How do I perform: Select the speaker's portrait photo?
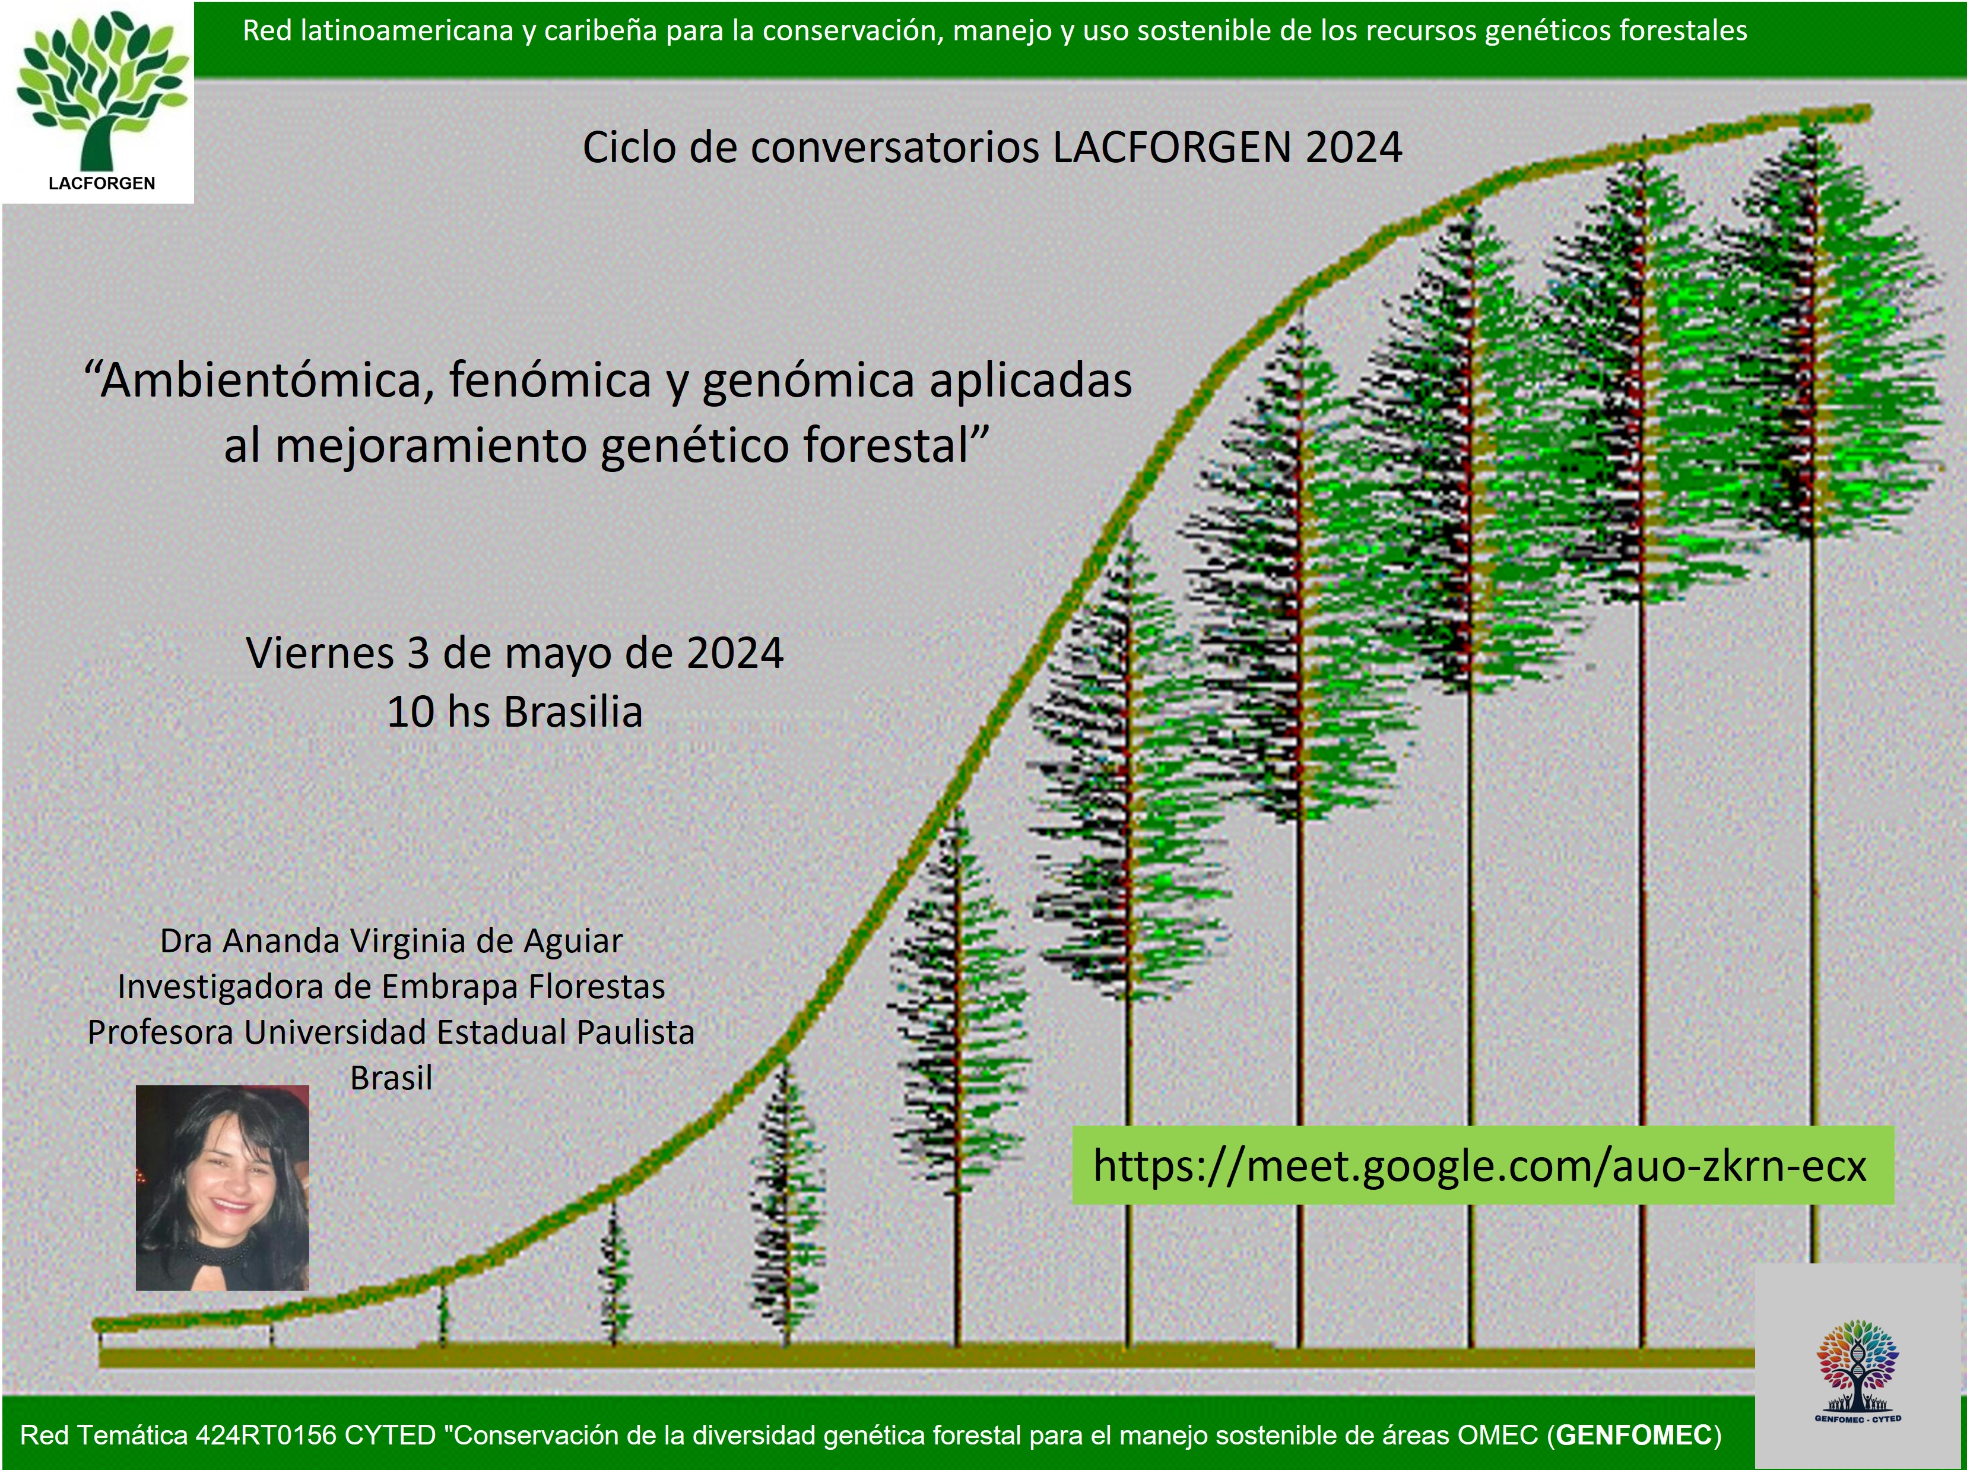(x=223, y=1187)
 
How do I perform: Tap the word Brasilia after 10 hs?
(x=573, y=712)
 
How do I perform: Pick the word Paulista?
(x=635, y=1032)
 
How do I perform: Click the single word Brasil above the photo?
(x=391, y=1078)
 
